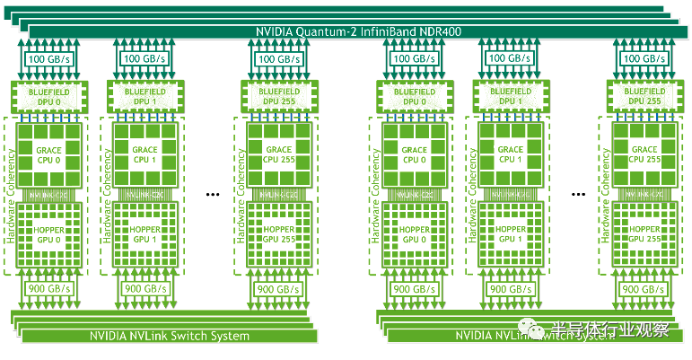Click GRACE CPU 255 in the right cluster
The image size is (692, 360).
[644, 154]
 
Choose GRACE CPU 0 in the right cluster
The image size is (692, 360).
[414, 154]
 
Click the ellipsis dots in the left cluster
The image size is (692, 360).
[214, 193]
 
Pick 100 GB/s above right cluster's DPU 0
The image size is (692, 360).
[414, 59]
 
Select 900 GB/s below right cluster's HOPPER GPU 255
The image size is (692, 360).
[644, 289]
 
